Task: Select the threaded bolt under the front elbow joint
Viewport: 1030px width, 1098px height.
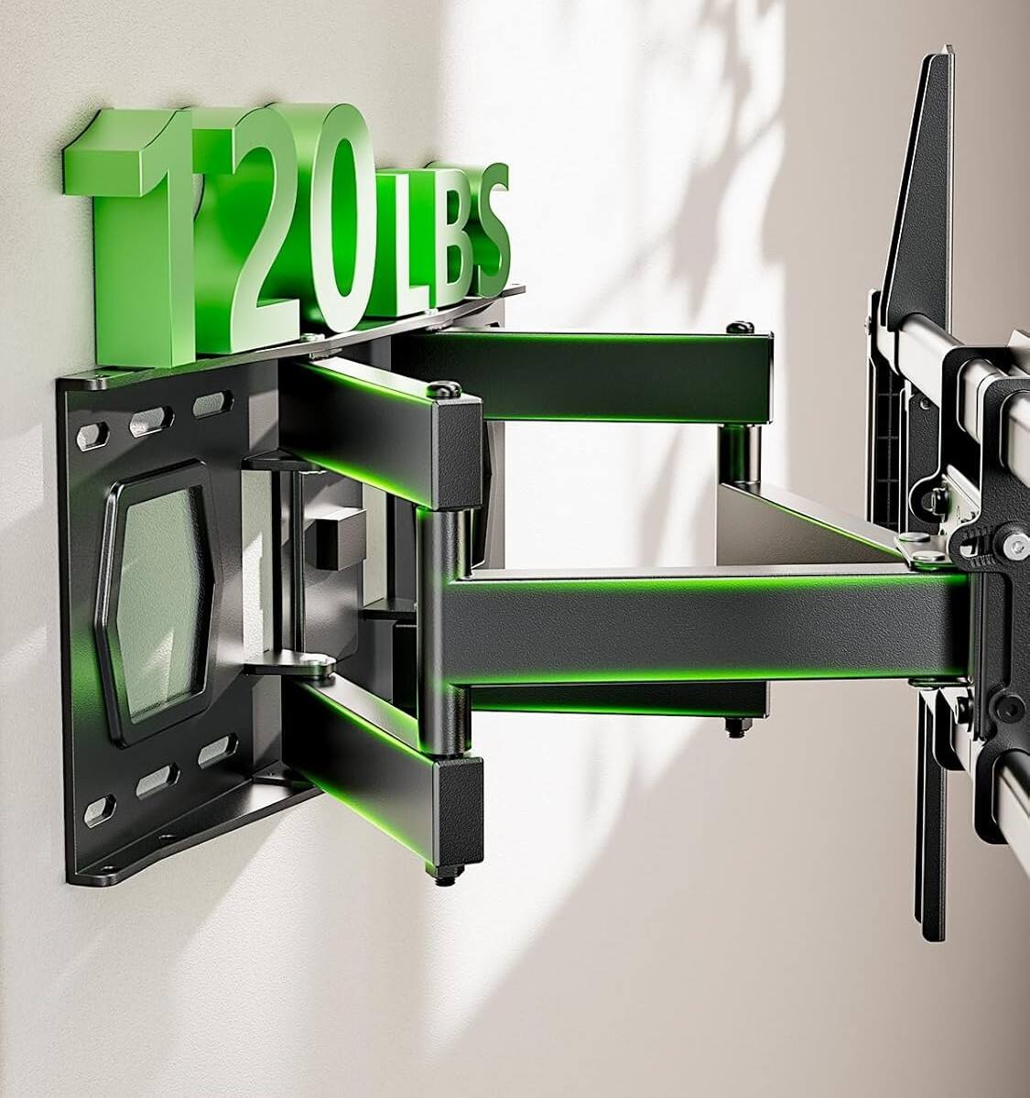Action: (445, 876)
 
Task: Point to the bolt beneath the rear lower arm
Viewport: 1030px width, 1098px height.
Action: (733, 729)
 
